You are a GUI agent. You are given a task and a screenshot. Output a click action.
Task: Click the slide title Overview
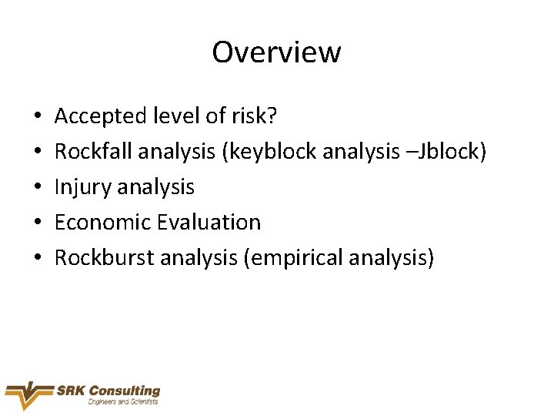pos(276,52)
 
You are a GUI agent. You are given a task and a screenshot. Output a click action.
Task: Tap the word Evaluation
pos(209,223)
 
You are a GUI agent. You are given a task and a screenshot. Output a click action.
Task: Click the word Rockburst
pos(105,258)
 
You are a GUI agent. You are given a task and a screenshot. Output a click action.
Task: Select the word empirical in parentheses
pos(295,258)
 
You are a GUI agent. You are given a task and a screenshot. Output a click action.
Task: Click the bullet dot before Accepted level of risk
pos(38,117)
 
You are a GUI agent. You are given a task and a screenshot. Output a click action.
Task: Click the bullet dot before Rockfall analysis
pos(38,153)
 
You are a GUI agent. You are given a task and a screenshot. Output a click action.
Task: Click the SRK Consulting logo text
pos(108,391)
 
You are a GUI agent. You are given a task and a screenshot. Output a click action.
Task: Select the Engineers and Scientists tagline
pos(123,402)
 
